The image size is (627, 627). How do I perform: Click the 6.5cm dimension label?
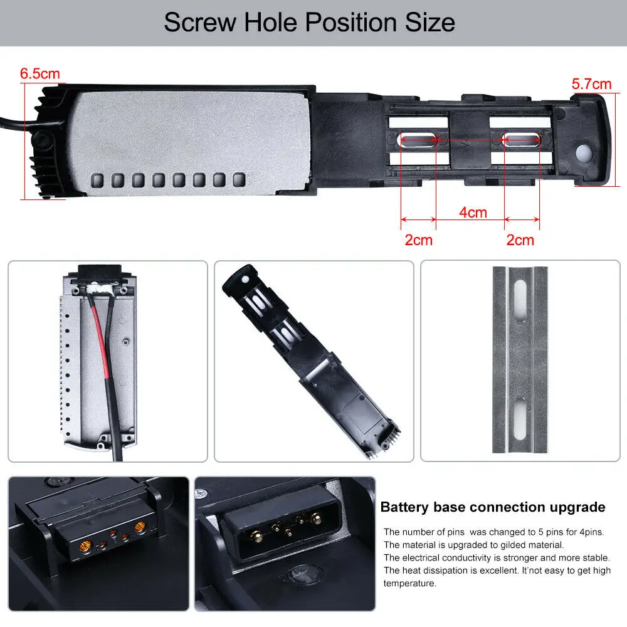(40, 73)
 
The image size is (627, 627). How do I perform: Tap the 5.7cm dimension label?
(591, 83)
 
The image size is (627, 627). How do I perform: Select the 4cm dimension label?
(473, 212)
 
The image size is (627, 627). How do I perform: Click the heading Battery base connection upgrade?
(493, 507)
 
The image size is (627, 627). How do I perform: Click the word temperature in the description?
(409, 583)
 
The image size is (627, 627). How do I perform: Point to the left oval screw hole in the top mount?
(418, 139)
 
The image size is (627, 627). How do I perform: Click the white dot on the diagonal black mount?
(245, 279)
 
